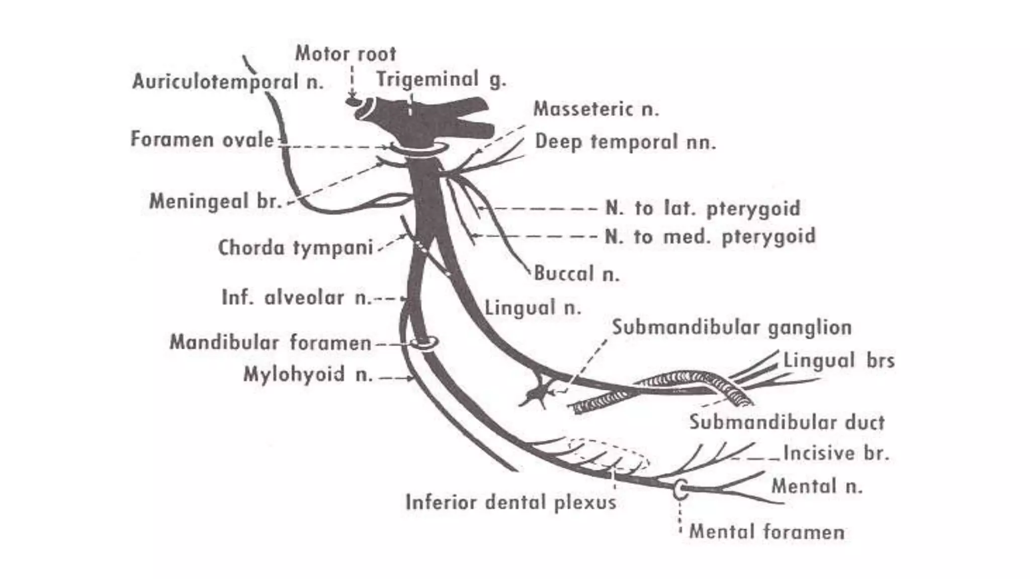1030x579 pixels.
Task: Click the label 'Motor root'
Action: pyautogui.click(x=345, y=54)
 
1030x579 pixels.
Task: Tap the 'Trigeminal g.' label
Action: pyautogui.click(x=441, y=79)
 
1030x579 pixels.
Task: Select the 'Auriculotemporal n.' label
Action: pyautogui.click(x=228, y=81)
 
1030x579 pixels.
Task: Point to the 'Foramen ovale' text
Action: pyautogui.click(x=202, y=139)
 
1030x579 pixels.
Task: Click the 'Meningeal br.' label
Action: pyautogui.click(x=215, y=202)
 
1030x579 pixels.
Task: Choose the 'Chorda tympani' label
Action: pyautogui.click(x=295, y=247)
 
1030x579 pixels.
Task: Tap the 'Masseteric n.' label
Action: pyautogui.click(x=595, y=109)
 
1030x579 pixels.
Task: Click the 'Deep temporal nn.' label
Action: pyautogui.click(x=625, y=142)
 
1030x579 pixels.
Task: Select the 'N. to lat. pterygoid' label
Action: pyautogui.click(x=703, y=208)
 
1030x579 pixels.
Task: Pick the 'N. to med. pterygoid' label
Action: pyautogui.click(x=710, y=236)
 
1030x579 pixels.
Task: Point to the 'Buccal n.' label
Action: pyautogui.click(x=576, y=274)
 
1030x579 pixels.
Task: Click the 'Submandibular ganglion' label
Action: pyautogui.click(x=732, y=328)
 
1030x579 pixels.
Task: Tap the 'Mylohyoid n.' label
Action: pyautogui.click(x=308, y=374)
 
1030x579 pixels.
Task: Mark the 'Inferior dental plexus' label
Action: pyautogui.click(x=510, y=502)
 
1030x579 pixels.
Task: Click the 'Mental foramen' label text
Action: pyautogui.click(x=766, y=532)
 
